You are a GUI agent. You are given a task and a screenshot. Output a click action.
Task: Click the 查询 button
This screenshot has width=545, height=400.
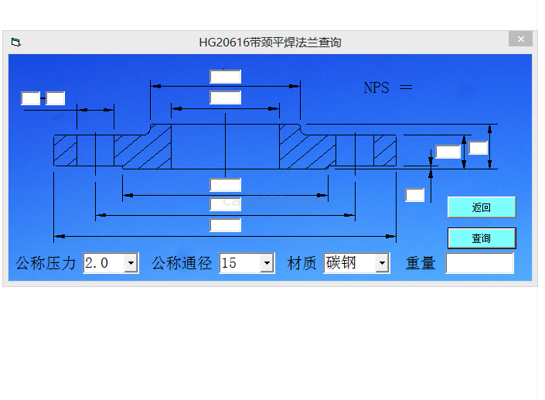(x=481, y=238)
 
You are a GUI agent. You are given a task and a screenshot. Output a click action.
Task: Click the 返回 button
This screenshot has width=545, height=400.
(x=481, y=207)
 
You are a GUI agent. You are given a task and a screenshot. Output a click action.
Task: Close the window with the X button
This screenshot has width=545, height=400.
(x=520, y=39)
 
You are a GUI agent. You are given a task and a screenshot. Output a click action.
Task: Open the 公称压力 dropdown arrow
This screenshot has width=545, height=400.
(x=131, y=263)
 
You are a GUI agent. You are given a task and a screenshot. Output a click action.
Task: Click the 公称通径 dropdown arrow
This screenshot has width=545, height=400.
(x=267, y=263)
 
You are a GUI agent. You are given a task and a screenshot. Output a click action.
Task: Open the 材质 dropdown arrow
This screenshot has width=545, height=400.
(x=382, y=263)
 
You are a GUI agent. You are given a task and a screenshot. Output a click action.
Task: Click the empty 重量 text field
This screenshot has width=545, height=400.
(x=479, y=263)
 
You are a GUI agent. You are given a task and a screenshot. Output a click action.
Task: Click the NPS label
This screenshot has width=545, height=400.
(x=376, y=87)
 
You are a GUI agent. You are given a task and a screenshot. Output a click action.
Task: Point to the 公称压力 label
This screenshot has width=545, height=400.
(x=46, y=263)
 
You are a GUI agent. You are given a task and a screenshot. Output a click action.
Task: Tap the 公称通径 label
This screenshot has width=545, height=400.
(x=182, y=263)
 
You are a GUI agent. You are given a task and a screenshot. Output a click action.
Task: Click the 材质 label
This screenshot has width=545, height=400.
(x=302, y=263)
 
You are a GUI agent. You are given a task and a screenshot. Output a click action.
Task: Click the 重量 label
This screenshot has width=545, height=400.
(x=421, y=263)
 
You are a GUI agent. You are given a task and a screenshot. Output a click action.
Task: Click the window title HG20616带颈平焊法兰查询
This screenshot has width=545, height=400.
(x=270, y=43)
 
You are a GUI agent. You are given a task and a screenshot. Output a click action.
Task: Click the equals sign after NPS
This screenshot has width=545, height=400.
(x=406, y=87)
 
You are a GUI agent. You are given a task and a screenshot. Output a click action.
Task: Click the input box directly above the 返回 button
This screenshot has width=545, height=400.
(x=415, y=195)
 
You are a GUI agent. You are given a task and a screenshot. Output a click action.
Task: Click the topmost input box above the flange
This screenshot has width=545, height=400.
(x=225, y=77)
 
